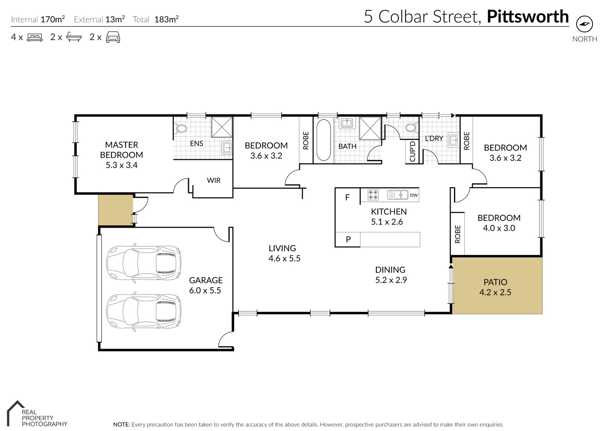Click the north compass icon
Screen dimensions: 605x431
pyautogui.click(x=584, y=24)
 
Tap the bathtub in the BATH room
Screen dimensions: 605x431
pyautogui.click(x=324, y=140)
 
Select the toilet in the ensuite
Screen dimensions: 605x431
pyautogui.click(x=181, y=128)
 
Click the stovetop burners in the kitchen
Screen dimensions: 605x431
pyautogui.click(x=373, y=195)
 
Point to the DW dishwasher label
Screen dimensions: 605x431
pyautogui.click(x=414, y=195)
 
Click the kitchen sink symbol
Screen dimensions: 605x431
pyautogui.click(x=397, y=194)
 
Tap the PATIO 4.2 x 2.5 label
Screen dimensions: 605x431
pyautogui.click(x=495, y=287)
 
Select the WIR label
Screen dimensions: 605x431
pyautogui.click(x=214, y=180)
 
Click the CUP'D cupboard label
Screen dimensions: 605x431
pyautogui.click(x=413, y=151)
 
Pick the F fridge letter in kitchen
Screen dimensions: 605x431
pyautogui.click(x=347, y=198)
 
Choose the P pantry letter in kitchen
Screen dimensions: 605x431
pyautogui.click(x=348, y=239)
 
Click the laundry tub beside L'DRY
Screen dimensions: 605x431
pyautogui.click(x=454, y=140)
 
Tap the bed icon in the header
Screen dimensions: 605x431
pyautogui.click(x=35, y=37)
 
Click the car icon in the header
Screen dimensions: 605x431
pyautogui.click(x=113, y=37)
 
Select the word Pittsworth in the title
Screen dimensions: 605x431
pyautogui.click(x=528, y=17)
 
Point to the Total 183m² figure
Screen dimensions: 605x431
pyautogui.click(x=156, y=19)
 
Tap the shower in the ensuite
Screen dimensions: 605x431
pyautogui.click(x=222, y=127)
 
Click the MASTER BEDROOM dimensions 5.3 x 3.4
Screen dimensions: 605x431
pyautogui.click(x=122, y=165)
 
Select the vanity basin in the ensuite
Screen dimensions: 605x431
pyautogui.click(x=227, y=148)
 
